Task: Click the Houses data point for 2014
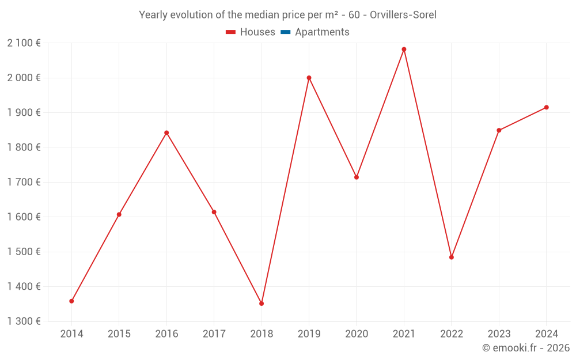pyautogui.click(x=71, y=301)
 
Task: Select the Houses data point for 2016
pyautogui.click(x=166, y=132)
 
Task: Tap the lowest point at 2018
pyautogui.click(x=262, y=303)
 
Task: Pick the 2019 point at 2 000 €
pyautogui.click(x=309, y=78)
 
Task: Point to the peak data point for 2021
pyautogui.click(x=404, y=49)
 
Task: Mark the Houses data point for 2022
pyautogui.click(x=452, y=257)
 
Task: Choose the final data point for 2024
pyautogui.click(x=546, y=107)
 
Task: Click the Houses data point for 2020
pyautogui.click(x=357, y=177)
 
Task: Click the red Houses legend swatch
pyautogui.click(x=231, y=32)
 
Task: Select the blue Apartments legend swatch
pyautogui.click(x=286, y=32)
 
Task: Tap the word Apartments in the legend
pyautogui.click(x=322, y=32)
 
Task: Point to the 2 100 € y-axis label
pyautogui.click(x=24, y=43)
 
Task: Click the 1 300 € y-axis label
pyautogui.click(x=24, y=321)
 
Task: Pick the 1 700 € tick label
pyautogui.click(x=24, y=182)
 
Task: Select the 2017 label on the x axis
pyautogui.click(x=214, y=334)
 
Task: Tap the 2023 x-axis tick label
pyautogui.click(x=499, y=334)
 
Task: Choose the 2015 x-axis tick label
pyautogui.click(x=119, y=334)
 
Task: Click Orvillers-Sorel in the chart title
pyautogui.click(x=403, y=15)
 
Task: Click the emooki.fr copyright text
pyautogui.click(x=526, y=348)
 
